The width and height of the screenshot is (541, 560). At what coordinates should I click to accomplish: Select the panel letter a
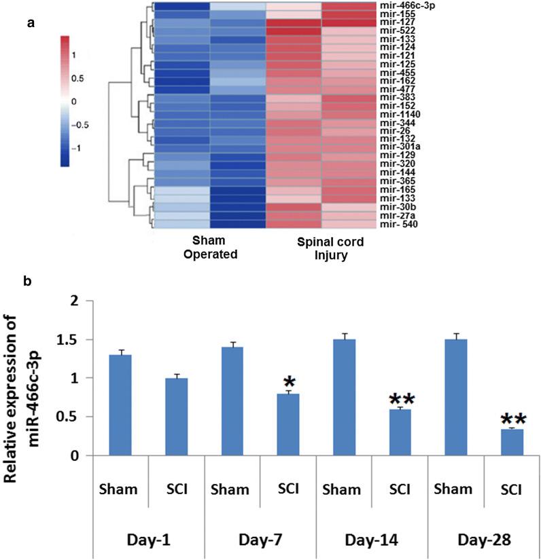[x=29, y=22]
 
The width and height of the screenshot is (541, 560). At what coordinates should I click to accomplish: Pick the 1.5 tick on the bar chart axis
[x=86, y=339]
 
